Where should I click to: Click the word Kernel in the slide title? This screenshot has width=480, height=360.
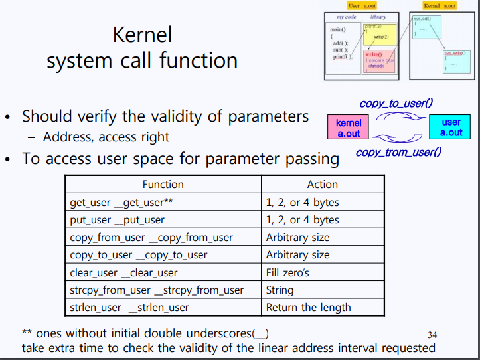pyautogui.click(x=142, y=35)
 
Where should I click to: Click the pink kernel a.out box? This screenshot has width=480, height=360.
pyautogui.click(x=349, y=128)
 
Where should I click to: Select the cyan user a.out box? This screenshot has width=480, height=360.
pyautogui.click(x=451, y=128)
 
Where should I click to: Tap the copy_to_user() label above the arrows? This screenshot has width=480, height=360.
pyautogui.click(x=396, y=104)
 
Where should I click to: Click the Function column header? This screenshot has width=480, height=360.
pyautogui.click(x=163, y=184)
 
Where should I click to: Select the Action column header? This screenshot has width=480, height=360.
pyautogui.click(x=322, y=184)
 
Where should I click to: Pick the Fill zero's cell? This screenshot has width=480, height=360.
pyautogui.click(x=287, y=272)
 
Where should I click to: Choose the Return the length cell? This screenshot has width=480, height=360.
pyautogui.click(x=308, y=307)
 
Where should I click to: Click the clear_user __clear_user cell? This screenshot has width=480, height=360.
pyautogui.click(x=123, y=272)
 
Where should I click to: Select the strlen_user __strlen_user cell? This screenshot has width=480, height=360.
pyautogui.click(x=129, y=307)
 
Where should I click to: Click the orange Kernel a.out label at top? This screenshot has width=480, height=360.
pyautogui.click(x=440, y=5)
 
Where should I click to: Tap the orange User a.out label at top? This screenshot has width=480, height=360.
pyautogui.click(x=362, y=5)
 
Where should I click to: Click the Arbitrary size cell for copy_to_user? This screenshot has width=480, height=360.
pyautogui.click(x=297, y=254)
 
